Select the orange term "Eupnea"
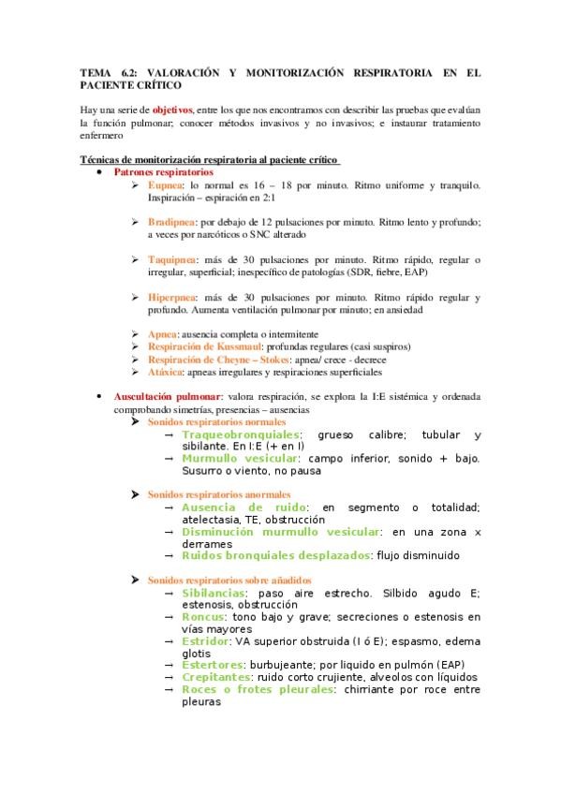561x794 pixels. pyautogui.click(x=165, y=185)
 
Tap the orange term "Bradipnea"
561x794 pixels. pyautogui.click(x=171, y=222)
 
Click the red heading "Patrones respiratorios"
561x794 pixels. pyautogui.click(x=163, y=173)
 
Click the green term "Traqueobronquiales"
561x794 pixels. pyautogui.click(x=241, y=435)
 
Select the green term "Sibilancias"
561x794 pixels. pyautogui.click(x=214, y=594)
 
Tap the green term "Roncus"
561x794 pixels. pyautogui.click(x=203, y=617)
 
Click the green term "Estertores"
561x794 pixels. pyautogui.click(x=211, y=664)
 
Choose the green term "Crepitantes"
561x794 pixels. pyautogui.click(x=216, y=676)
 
